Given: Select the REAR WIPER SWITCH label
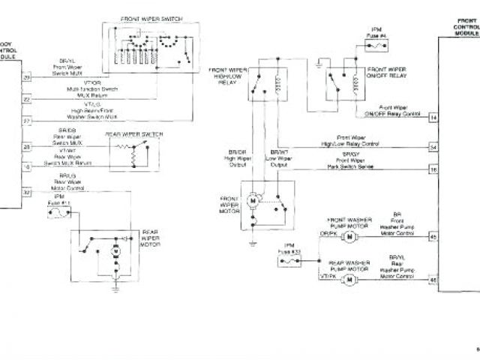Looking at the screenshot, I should [x=132, y=134].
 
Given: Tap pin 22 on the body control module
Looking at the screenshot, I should [x=26, y=98].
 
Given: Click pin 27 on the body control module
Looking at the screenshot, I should [x=26, y=120].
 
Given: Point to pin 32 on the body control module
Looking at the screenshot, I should [x=26, y=193].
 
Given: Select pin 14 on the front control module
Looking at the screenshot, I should [x=433, y=118].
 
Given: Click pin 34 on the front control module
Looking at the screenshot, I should [x=433, y=146].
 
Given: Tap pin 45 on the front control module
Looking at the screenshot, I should [x=433, y=237].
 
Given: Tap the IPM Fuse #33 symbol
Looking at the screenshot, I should [x=287, y=262].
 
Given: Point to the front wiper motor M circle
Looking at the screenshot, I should [x=253, y=202].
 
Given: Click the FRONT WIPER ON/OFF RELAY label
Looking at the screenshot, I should [x=387, y=72].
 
